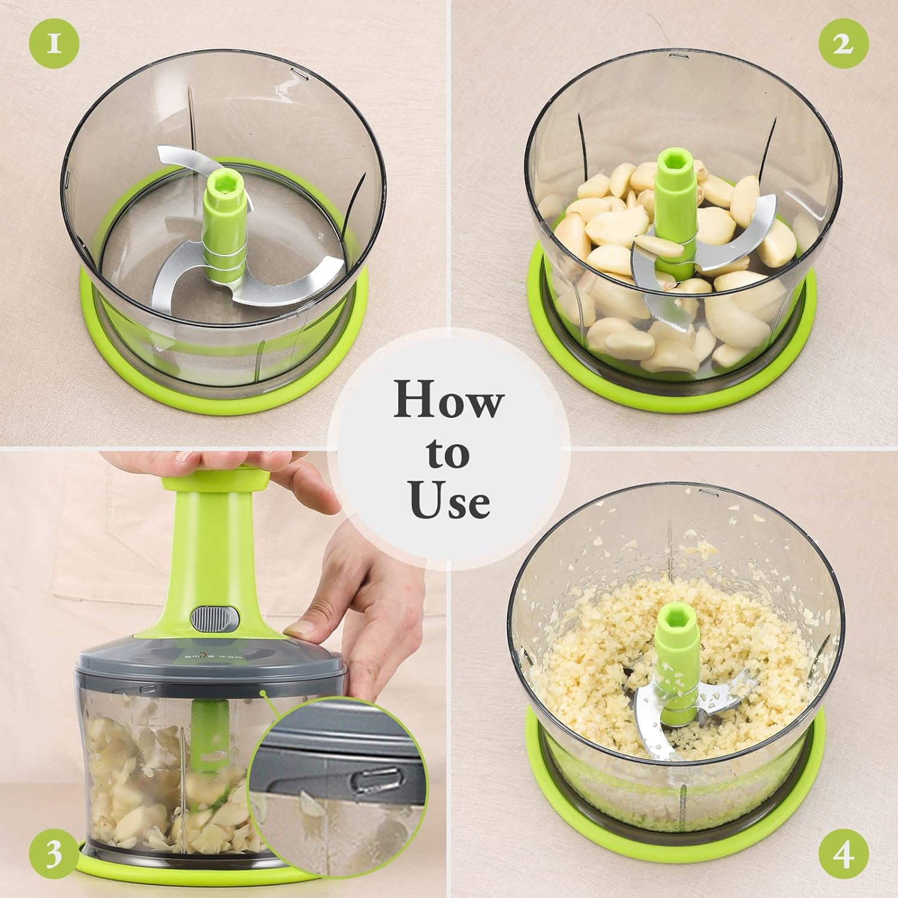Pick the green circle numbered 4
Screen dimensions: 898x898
843,854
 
